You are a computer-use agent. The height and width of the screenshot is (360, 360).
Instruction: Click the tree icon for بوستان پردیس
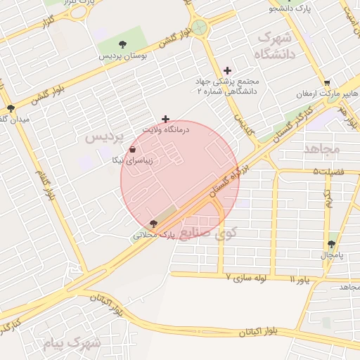pyautogui.click(x=123, y=43)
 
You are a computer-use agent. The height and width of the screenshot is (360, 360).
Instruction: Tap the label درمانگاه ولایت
pyautogui.click(x=167, y=131)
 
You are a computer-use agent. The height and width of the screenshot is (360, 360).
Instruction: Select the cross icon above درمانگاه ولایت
pyautogui.click(x=165, y=119)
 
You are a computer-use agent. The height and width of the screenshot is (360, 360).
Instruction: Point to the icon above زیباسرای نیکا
pyautogui.click(x=133, y=149)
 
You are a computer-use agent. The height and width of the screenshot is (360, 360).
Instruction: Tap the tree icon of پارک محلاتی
pyautogui.click(x=154, y=224)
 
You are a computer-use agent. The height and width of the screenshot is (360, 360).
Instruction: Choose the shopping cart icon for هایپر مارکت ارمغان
pyautogui.click(x=328, y=82)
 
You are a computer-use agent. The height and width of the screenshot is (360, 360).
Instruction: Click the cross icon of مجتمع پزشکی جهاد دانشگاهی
pyautogui.click(x=226, y=70)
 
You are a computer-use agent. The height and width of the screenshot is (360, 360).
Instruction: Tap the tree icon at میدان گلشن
pyautogui.click(x=11, y=108)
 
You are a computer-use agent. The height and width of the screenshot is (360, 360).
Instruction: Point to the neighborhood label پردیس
pyautogui.click(x=105, y=137)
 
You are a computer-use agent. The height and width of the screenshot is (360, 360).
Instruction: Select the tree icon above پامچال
pyautogui.click(x=331, y=244)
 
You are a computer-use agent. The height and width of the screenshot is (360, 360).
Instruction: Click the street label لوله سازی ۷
pyautogui.click(x=246, y=277)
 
